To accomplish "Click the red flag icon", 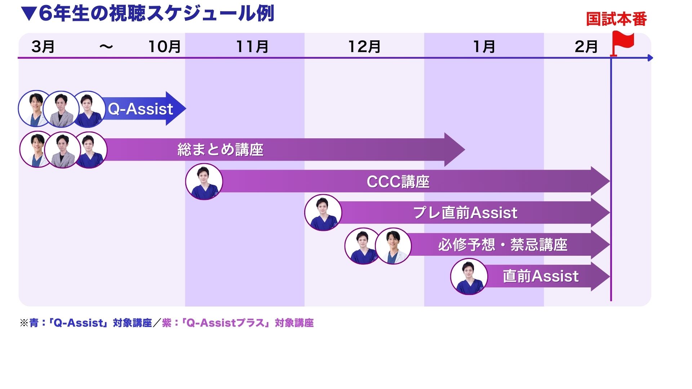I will click(623, 41).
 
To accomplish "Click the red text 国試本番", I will click(616, 19).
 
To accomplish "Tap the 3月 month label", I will click(43, 47).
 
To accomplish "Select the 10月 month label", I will click(164, 47).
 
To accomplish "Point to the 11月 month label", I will click(252, 47).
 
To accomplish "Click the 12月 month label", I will click(364, 47).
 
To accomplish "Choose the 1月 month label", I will click(484, 47).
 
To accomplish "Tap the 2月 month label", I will click(586, 47).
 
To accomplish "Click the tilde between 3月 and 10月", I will click(106, 47).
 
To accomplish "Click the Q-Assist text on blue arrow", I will click(141, 109).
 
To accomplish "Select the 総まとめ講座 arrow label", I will click(220, 149).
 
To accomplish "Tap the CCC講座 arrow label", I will click(398, 182).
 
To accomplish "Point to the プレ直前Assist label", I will click(465, 213).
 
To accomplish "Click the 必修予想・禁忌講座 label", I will click(503, 245).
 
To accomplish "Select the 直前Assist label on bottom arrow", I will click(540, 276).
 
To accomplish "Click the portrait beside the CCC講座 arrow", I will click(204, 182).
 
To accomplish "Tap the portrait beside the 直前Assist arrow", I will click(469, 277).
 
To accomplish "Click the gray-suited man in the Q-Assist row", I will click(61, 109).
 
